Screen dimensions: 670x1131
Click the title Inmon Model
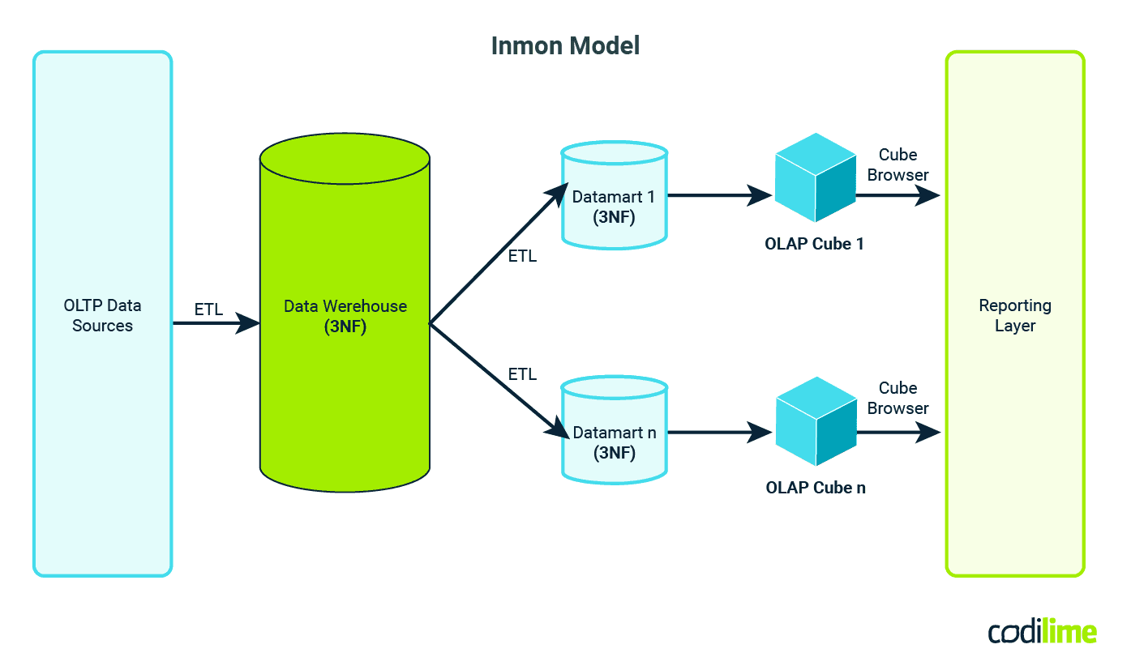pos(565,46)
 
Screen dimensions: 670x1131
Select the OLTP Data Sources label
pos(102,316)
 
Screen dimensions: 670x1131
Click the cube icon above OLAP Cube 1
pos(815,178)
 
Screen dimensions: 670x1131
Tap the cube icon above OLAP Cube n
pos(816,421)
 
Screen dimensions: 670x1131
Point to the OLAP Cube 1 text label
pos(814,244)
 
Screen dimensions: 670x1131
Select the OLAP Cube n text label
pos(815,488)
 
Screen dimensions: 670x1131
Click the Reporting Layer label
pos(1014,316)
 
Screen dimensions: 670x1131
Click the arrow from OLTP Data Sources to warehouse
pos(215,324)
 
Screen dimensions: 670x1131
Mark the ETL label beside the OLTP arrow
pos(208,309)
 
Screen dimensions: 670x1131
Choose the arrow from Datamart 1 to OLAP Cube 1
pos(718,195)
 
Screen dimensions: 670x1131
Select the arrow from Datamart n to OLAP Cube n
pos(718,433)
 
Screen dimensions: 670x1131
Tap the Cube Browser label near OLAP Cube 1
pos(898,164)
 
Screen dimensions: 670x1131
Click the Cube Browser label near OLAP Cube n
pos(898,398)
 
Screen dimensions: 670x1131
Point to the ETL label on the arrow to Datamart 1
pos(522,257)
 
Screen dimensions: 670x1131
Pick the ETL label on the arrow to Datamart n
pos(522,374)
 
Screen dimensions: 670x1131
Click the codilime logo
pos(1042,632)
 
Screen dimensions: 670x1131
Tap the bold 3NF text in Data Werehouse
pos(345,326)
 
